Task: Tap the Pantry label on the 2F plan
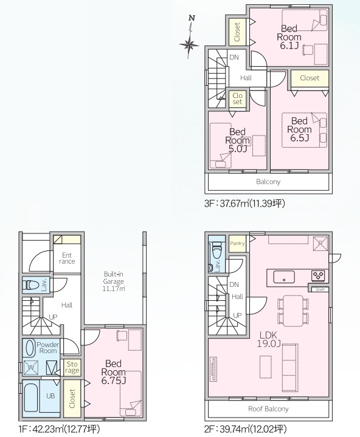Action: click(x=237, y=243)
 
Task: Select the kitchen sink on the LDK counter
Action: click(x=284, y=277)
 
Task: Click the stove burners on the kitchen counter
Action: click(x=317, y=275)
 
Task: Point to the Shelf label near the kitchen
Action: click(x=320, y=289)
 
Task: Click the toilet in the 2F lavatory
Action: click(x=216, y=251)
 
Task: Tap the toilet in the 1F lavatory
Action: click(x=32, y=285)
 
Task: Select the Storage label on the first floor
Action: click(x=72, y=367)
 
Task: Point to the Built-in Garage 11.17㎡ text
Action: click(x=114, y=281)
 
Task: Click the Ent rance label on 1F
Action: click(x=67, y=258)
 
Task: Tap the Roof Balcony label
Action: click(x=268, y=409)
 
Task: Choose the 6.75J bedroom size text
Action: click(x=114, y=380)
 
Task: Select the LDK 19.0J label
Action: click(x=269, y=339)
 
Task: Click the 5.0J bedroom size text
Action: click(x=238, y=149)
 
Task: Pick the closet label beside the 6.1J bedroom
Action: click(x=237, y=32)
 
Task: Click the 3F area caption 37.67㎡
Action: click(x=244, y=204)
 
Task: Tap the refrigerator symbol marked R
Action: click(x=320, y=244)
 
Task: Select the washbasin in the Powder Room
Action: click(x=29, y=348)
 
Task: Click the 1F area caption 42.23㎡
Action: click(x=59, y=429)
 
